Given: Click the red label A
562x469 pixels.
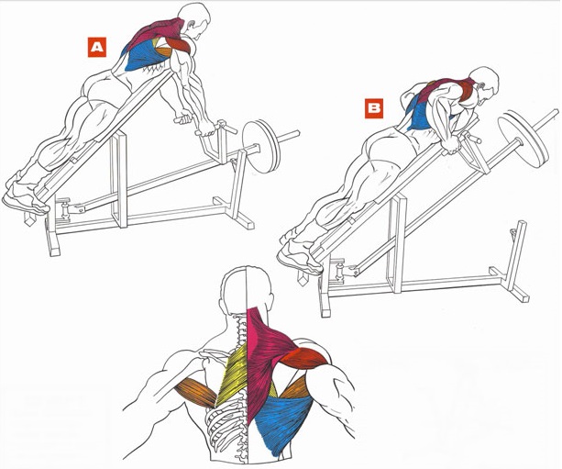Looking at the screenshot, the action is coord(97,47).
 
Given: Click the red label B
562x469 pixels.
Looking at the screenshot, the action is coord(374,108).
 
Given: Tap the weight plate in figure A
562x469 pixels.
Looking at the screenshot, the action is coord(261,147).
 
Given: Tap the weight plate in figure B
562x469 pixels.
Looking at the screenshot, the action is coord(523,140).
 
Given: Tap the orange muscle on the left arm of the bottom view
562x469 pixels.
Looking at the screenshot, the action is coord(196,392).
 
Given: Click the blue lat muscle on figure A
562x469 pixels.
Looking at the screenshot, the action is coord(143,56).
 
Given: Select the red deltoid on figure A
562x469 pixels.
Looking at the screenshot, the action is coord(178,45).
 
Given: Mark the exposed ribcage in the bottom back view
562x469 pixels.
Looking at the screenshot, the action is coord(226,429).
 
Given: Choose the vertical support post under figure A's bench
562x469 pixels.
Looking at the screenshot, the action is coord(119,179).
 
